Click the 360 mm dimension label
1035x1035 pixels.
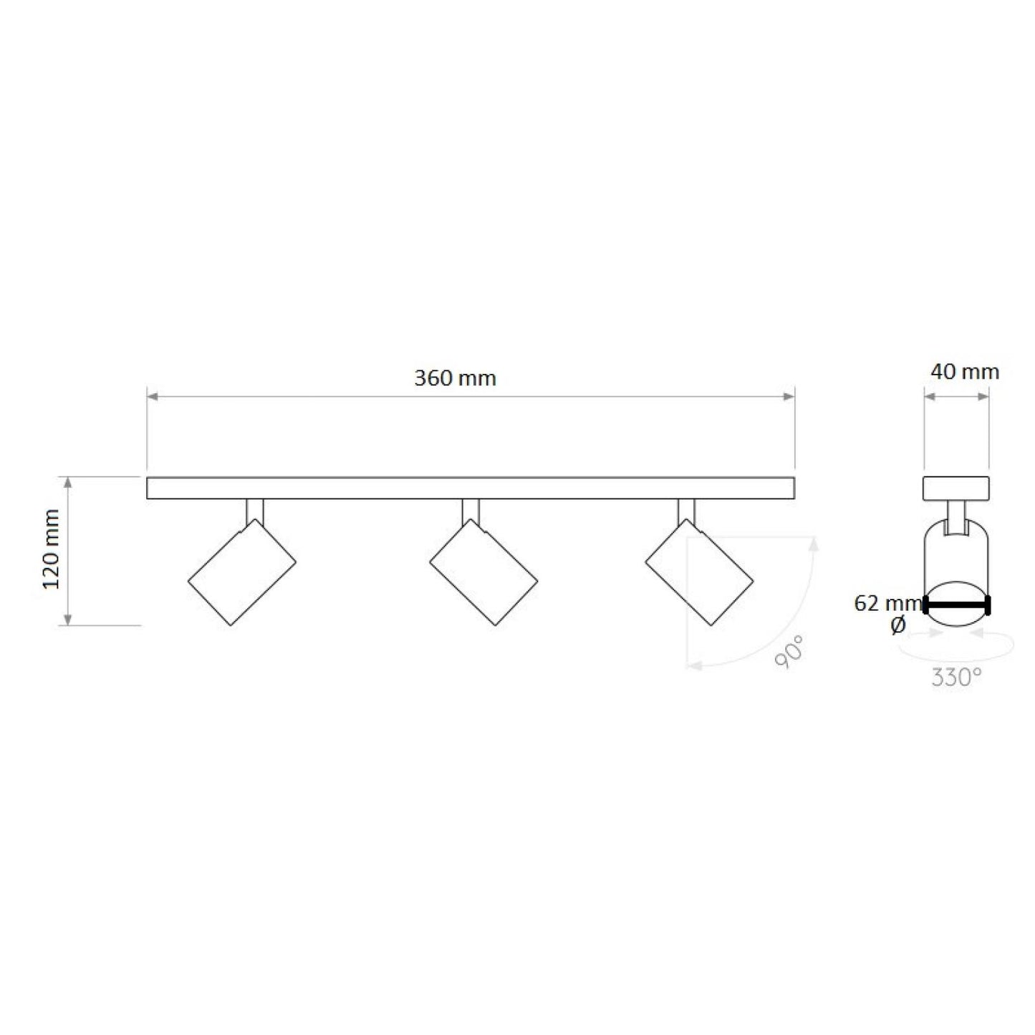pos(455,379)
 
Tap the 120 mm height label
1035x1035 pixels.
pos(52,549)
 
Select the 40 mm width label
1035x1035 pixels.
pos(965,372)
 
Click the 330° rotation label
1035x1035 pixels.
pos(957,678)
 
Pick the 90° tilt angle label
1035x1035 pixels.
pos(790,652)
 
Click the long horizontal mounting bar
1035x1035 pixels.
pos(471,488)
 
